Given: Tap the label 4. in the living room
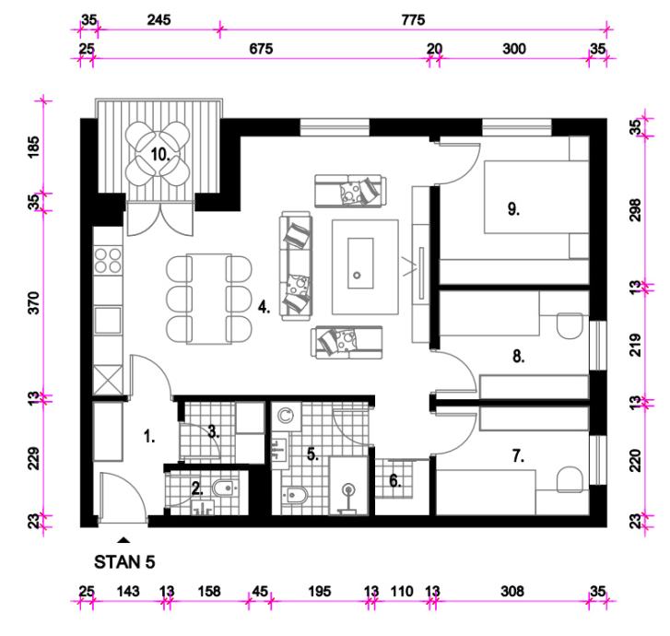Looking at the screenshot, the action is (x=264, y=308).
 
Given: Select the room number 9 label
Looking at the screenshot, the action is (x=513, y=208).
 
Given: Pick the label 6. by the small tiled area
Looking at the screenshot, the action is (x=394, y=479).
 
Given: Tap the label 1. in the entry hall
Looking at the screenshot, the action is (x=149, y=437).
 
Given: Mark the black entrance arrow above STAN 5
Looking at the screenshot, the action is (x=124, y=539).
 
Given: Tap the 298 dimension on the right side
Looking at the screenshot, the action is (x=634, y=209).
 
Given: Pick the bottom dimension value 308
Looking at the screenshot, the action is (x=511, y=590).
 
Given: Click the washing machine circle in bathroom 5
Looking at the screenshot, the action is (x=285, y=416).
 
